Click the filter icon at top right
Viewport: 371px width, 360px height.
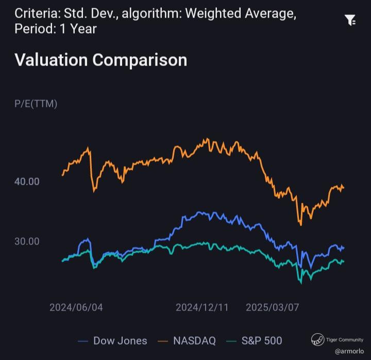350,21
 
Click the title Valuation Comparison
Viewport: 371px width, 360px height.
100,60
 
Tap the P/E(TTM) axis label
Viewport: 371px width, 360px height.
36,104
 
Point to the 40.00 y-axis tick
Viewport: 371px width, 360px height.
27,182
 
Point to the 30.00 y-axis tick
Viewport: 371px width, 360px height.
27,241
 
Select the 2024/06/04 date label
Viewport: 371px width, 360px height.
76,307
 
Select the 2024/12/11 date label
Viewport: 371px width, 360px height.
202,307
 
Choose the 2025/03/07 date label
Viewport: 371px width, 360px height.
272,307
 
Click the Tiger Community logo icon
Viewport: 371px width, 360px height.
317,339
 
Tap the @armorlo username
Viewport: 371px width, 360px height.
349,351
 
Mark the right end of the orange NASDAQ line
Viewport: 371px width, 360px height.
344,187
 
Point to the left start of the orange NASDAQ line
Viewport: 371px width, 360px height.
62,175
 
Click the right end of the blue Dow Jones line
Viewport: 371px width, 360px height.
344,248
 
